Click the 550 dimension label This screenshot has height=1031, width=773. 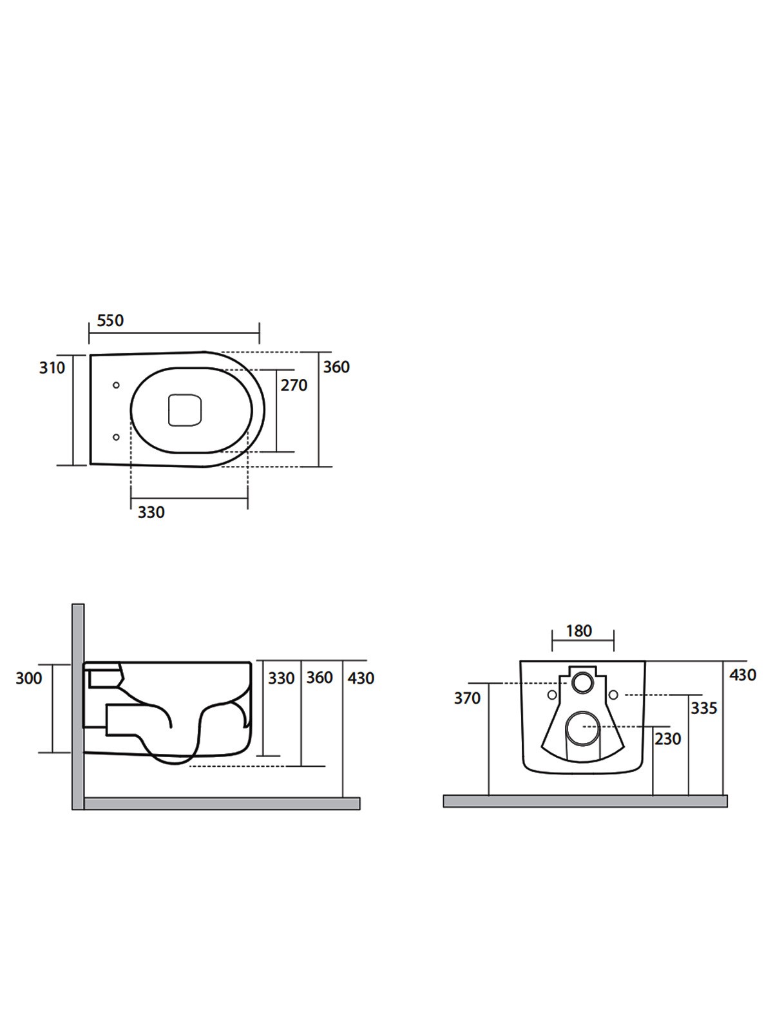point(110,320)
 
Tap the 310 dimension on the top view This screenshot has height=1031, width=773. point(52,368)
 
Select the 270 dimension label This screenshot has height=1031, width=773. point(294,385)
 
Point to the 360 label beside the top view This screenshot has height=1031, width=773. point(336,367)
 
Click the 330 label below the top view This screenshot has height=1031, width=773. point(151,512)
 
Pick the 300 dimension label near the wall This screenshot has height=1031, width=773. point(28,679)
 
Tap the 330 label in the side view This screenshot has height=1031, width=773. point(281,679)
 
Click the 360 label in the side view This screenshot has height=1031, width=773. point(320,678)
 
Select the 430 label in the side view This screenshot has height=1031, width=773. point(361,679)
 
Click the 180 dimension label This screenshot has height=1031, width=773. point(578,631)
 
